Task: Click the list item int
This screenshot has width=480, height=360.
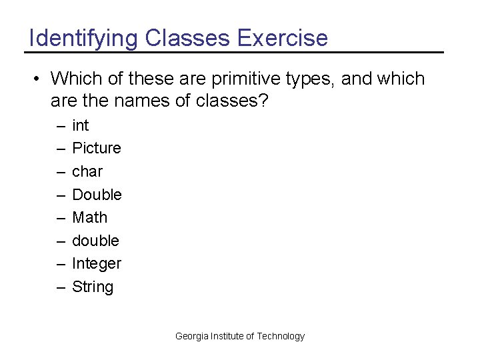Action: pos(80,125)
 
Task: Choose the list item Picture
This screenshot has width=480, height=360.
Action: pos(97,148)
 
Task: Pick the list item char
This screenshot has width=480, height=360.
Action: pos(87,171)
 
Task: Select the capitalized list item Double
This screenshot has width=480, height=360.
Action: pos(97,195)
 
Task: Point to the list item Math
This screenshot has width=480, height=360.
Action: pos(89,217)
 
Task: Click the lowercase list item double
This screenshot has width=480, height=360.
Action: pos(95,241)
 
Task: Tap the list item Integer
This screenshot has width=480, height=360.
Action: pos(97,264)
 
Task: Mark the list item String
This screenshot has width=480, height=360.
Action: pos(93,287)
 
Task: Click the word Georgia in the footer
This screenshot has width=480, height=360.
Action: pos(191,336)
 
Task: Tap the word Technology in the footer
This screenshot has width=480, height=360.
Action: pos(281,336)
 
